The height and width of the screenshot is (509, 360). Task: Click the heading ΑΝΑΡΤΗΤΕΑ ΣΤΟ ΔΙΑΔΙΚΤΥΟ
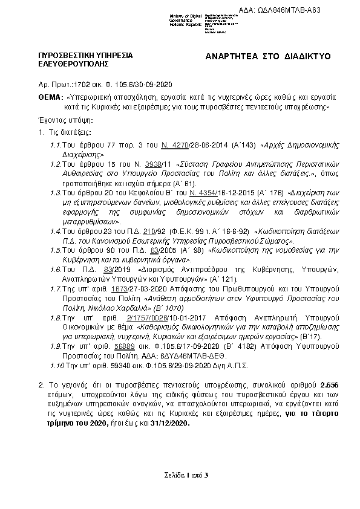coord(269,56)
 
